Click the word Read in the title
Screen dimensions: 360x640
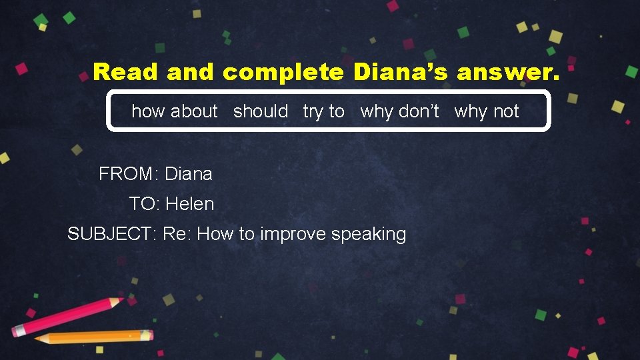126,72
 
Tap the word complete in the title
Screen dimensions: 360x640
283,72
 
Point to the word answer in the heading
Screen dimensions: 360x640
509,72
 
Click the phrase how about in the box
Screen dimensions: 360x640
175,111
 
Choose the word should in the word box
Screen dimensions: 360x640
261,111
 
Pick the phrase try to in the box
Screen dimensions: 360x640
324,111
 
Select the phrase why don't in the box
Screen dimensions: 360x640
399,111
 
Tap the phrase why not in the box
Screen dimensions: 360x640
487,111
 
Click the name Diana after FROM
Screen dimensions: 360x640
189,175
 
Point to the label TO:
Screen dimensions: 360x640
144,204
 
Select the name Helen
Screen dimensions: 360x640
190,204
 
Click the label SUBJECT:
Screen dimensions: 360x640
111,234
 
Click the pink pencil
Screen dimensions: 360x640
67,316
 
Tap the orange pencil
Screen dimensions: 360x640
93,337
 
